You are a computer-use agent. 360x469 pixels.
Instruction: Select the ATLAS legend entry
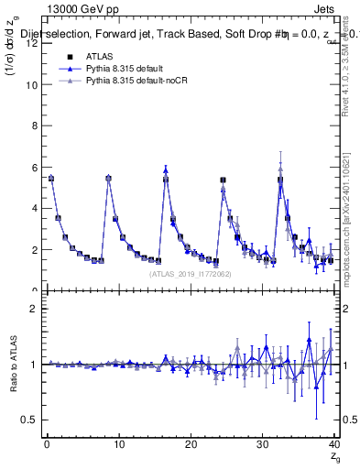point(98,55)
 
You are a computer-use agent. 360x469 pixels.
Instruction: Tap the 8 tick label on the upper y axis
point(34,126)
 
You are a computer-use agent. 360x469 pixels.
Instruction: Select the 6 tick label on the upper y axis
point(34,168)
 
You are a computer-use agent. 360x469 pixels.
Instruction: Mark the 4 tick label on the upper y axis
point(34,209)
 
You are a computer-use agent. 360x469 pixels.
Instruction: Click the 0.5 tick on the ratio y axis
point(29,420)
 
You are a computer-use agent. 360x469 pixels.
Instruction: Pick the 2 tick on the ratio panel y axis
point(34,309)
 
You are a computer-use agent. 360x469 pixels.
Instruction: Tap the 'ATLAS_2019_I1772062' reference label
point(190,273)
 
